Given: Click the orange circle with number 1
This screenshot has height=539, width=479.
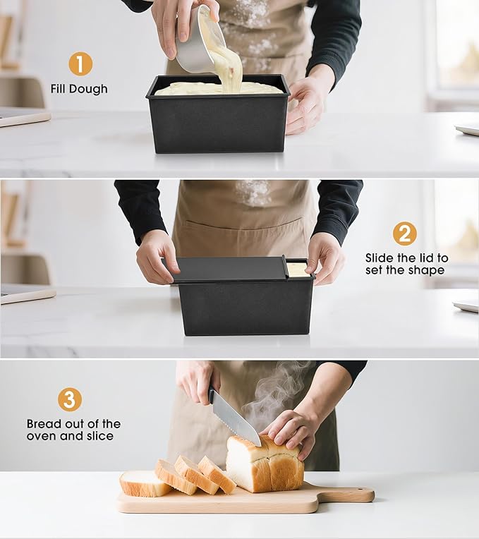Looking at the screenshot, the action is coord(80,63).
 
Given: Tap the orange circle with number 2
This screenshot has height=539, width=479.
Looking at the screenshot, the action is coord(405,234).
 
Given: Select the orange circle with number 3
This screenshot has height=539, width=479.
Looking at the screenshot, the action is coord(70,399).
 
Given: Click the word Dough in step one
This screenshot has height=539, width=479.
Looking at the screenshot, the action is coord(88,89).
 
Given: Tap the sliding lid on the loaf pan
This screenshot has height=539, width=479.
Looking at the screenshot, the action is coord(226,269).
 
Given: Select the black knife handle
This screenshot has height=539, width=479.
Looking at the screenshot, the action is coord(212,394).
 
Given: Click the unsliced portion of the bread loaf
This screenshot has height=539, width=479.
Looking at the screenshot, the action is coord(265,464).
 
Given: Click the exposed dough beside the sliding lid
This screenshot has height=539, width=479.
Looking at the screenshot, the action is coord(298,269).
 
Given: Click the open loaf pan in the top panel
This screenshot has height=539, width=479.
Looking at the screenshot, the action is coord(217,114).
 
